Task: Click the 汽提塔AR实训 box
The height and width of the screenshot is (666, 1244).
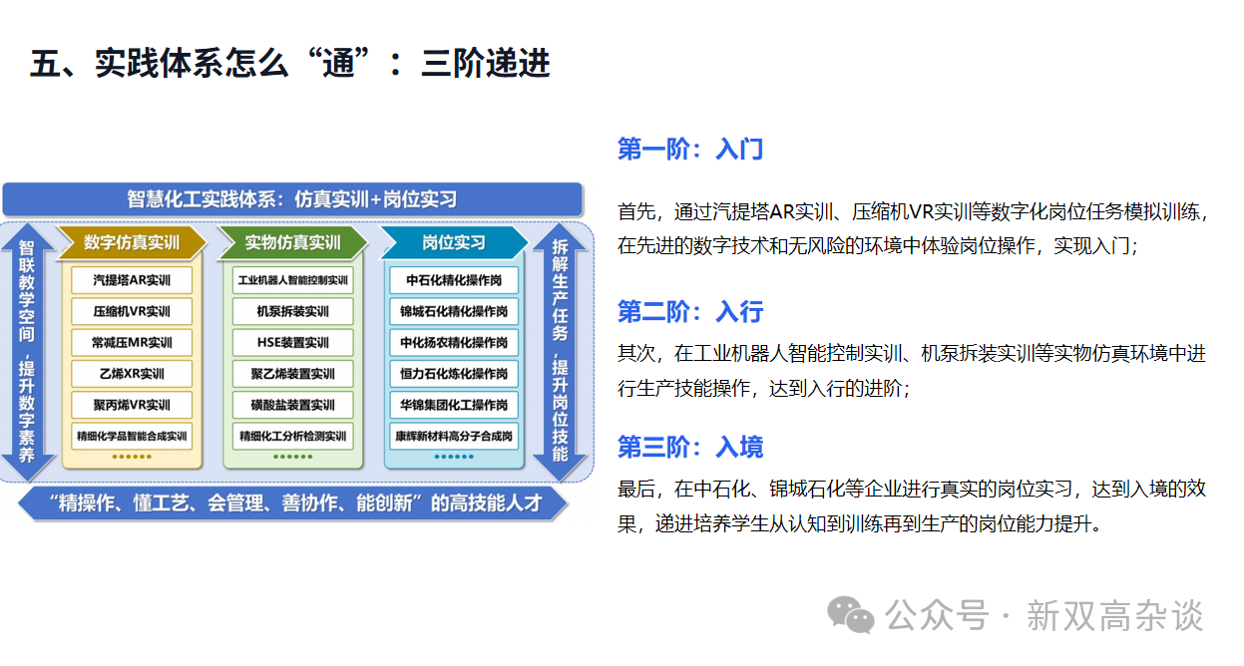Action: click(132, 280)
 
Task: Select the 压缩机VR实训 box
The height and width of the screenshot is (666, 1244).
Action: click(132, 311)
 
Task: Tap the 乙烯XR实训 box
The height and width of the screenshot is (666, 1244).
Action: click(132, 374)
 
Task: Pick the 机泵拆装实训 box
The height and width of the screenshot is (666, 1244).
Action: click(292, 311)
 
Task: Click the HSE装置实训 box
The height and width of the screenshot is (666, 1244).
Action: click(292, 342)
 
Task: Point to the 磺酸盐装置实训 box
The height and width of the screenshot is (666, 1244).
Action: click(292, 405)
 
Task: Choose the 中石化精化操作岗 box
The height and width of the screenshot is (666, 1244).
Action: click(454, 280)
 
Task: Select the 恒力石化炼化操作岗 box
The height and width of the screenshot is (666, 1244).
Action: click(454, 374)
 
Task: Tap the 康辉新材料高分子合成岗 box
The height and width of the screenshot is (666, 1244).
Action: click(454, 436)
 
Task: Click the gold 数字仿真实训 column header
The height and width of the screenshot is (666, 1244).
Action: click(132, 242)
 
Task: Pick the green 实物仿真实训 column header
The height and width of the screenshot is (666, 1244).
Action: click(292, 242)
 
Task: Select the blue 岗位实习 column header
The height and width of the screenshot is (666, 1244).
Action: click(454, 242)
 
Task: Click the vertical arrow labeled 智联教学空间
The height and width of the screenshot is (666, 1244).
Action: click(27, 352)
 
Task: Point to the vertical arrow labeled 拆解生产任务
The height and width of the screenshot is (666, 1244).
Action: click(560, 352)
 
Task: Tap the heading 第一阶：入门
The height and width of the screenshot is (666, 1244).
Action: click(690, 149)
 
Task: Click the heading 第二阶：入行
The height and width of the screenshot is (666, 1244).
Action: click(690, 311)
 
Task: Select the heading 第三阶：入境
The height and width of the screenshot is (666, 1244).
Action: click(690, 447)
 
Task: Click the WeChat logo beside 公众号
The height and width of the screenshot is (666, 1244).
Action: click(850, 615)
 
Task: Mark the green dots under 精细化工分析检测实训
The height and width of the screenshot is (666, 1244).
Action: click(292, 457)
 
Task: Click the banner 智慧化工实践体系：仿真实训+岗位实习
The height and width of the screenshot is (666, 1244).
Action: click(292, 199)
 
